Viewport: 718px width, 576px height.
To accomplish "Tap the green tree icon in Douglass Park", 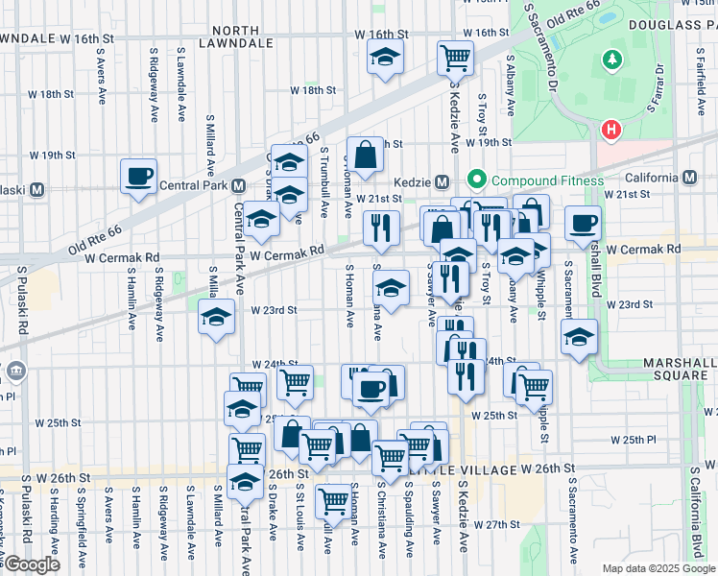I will pyautogui.click(x=611, y=60).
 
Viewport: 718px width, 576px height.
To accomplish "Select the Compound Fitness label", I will pyautogui.click(x=546, y=180).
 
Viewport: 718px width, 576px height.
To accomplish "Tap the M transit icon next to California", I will pyautogui.click(x=690, y=177).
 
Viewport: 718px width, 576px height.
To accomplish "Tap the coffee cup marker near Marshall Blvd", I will pyautogui.click(x=583, y=225).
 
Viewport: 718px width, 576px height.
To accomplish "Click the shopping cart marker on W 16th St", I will pyautogui.click(x=455, y=57).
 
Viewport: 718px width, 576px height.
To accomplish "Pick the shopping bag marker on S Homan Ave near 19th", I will pyautogui.click(x=366, y=154).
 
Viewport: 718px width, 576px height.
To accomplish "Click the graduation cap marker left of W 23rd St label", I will pyautogui.click(x=217, y=317).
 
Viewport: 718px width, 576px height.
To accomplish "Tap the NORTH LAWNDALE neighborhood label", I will pyautogui.click(x=223, y=36).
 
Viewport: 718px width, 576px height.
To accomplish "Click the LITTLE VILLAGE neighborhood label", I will pyautogui.click(x=485, y=470).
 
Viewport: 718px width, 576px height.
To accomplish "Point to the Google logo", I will pyautogui.click(x=31, y=564).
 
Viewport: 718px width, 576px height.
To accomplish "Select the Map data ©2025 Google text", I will pyautogui.click(x=658, y=568).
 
